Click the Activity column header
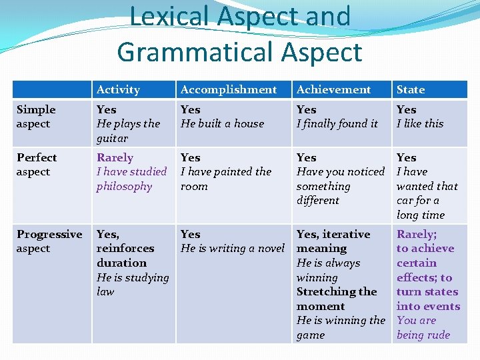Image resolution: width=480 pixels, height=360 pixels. click(118, 89)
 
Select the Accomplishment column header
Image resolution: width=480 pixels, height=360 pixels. click(229, 89)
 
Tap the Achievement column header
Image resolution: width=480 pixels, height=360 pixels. click(333, 89)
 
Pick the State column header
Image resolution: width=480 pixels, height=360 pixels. click(410, 89)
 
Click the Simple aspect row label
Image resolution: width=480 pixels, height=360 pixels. click(36, 117)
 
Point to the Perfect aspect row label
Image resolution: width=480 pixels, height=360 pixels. click(37, 165)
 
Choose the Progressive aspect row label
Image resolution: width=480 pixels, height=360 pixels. click(49, 241)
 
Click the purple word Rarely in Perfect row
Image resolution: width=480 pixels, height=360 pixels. click(115, 158)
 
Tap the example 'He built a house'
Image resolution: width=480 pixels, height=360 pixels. click(222, 124)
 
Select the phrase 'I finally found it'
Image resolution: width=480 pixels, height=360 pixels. click(337, 124)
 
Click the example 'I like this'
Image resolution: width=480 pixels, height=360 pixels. click(420, 124)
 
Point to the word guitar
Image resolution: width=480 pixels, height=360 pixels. click(112, 139)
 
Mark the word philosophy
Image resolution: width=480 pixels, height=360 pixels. click(124, 187)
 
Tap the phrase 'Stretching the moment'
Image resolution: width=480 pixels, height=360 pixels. click(336, 299)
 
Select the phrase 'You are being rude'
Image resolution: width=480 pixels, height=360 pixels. click(423, 328)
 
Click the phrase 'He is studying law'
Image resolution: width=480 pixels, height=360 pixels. click(132, 285)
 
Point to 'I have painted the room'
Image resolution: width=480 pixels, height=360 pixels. click(225, 179)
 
